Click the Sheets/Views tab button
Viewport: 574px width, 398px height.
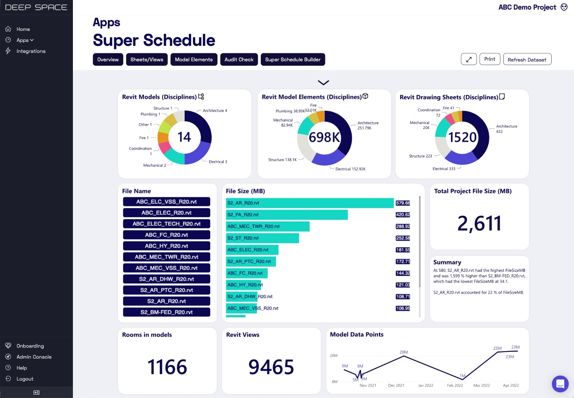[x=147, y=60]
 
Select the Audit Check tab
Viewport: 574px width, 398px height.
[x=239, y=60]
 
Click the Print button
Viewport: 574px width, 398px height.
[x=490, y=59]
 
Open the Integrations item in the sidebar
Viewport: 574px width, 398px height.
[x=31, y=51]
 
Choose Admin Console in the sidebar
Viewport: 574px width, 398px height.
[x=34, y=357]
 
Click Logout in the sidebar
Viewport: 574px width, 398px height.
[x=25, y=379]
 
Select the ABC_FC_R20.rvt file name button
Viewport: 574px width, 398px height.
[x=166, y=235]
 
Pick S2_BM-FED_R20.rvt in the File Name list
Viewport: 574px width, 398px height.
[x=166, y=312]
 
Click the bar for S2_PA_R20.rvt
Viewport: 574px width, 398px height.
[x=287, y=215]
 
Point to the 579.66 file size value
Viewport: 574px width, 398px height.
[x=403, y=203]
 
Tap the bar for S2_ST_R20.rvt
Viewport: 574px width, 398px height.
[x=262, y=238]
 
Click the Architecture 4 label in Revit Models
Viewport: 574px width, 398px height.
[x=215, y=111]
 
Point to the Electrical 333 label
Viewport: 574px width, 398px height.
[x=444, y=169]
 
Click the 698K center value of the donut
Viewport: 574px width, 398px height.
[x=324, y=137]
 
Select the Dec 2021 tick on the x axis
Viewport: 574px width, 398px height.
[x=396, y=385]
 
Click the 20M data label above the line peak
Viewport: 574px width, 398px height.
[x=404, y=352]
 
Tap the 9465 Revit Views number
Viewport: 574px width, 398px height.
[x=271, y=367]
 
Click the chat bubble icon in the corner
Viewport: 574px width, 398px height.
[x=560, y=384]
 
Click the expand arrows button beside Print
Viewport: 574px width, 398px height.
[x=469, y=59]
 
